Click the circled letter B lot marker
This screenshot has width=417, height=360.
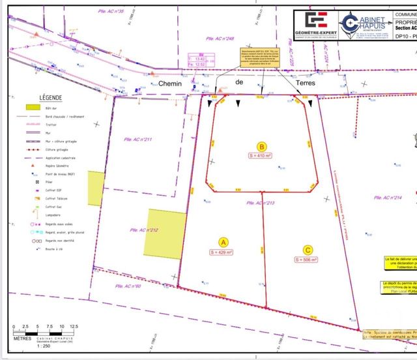pos(261,147)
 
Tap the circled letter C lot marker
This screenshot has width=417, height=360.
pos(308,248)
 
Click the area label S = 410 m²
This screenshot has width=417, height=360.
pos(261,157)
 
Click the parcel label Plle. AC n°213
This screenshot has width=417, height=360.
pos(261,203)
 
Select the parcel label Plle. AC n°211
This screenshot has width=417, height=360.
pos(137,140)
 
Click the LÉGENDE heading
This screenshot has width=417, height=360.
pos(50,96)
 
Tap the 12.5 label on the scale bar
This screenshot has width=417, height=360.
pos(74,326)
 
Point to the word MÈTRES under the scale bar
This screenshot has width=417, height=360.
pos(22,338)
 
